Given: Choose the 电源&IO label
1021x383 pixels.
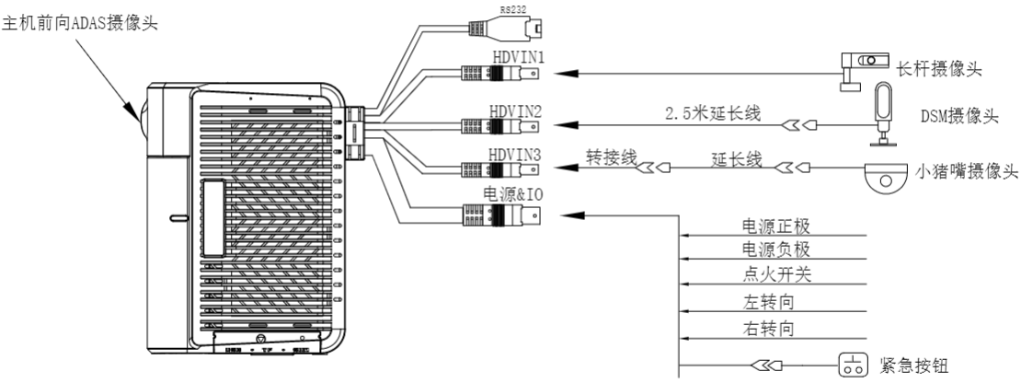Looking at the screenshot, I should [516, 196].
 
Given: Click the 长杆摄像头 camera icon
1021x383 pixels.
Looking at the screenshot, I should [859, 67].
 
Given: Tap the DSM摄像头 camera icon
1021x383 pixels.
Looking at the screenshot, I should [882, 111].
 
